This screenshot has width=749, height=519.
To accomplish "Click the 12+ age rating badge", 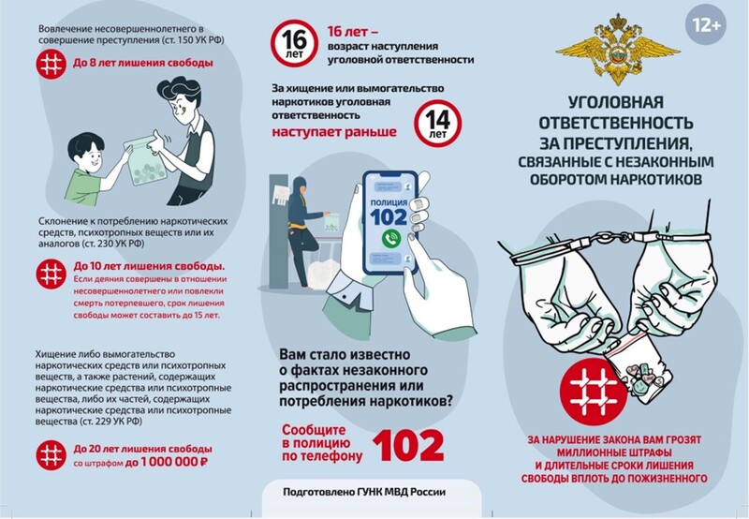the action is (x=706, y=25).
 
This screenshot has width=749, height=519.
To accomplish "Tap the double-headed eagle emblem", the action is (x=618, y=50).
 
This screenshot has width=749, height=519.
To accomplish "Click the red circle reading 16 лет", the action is (x=294, y=43).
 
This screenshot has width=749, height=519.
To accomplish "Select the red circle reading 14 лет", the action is (x=437, y=123).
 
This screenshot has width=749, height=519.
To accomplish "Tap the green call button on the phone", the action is (x=391, y=239).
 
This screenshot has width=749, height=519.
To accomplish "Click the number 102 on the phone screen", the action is (x=389, y=217).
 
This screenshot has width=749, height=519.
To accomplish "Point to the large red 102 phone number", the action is (x=408, y=446).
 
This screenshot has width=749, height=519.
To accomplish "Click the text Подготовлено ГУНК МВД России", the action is (x=364, y=492).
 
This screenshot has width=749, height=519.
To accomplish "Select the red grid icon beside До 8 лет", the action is (x=51, y=64).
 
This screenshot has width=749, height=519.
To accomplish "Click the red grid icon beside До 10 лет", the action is (x=51, y=274).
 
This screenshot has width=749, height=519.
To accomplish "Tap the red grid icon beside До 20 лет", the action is (x=51, y=455).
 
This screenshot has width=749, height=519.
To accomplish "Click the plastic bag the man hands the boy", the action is (x=145, y=161).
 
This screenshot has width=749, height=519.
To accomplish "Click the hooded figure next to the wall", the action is (x=301, y=230).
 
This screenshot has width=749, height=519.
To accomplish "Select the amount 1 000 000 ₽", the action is (x=175, y=462).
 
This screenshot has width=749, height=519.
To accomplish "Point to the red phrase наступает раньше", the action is (x=334, y=131).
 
